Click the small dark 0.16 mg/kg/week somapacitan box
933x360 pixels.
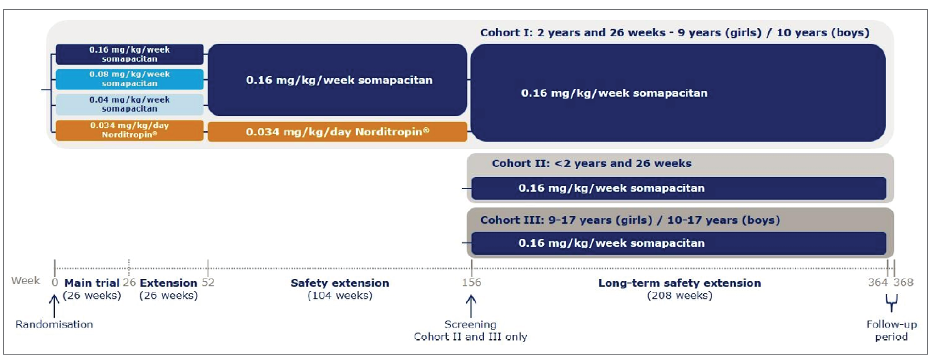click(x=129, y=54)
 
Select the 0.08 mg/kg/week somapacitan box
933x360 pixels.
click(x=129, y=79)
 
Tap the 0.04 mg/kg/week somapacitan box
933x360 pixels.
click(x=129, y=104)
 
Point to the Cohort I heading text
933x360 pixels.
click(x=674, y=33)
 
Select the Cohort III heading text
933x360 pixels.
click(x=630, y=220)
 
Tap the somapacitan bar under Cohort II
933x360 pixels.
click(x=678, y=188)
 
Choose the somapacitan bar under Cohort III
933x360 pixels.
click(x=678, y=243)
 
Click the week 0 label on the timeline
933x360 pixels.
click(x=55, y=282)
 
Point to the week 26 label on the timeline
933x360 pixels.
click(x=129, y=282)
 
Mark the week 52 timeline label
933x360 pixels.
click(x=208, y=282)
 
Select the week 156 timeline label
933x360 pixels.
click(x=471, y=282)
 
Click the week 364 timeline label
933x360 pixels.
click(x=878, y=282)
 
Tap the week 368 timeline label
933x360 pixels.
click(x=903, y=282)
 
